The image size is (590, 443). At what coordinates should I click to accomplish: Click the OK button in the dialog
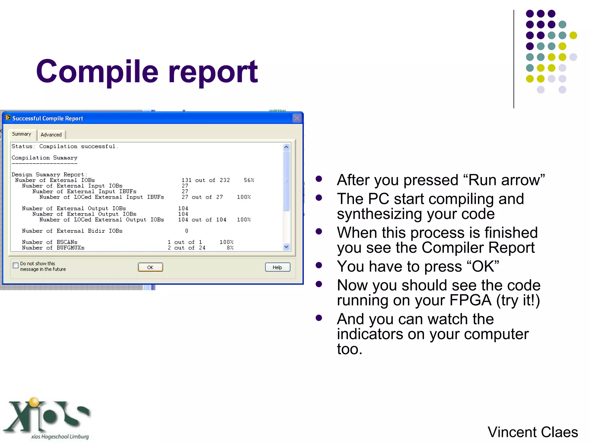click(x=150, y=267)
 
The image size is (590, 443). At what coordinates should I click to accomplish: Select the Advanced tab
click(x=51, y=135)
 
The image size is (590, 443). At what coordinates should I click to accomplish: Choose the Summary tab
click(x=22, y=134)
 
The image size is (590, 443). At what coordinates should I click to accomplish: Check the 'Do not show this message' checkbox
click(x=16, y=266)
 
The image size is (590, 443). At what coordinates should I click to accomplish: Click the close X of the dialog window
click(x=297, y=118)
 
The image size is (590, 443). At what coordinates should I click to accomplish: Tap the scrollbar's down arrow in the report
click(x=286, y=247)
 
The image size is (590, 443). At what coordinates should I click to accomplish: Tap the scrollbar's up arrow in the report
click(x=286, y=147)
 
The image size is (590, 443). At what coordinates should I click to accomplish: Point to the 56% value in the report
click(x=249, y=180)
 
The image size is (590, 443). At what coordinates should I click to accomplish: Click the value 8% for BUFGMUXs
click(x=230, y=248)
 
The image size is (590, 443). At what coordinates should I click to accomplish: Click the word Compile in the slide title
click(x=97, y=72)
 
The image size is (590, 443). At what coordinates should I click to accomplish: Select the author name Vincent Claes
click(x=532, y=432)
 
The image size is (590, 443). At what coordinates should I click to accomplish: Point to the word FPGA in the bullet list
click(x=470, y=300)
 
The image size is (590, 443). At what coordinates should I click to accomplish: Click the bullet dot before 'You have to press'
click(x=319, y=265)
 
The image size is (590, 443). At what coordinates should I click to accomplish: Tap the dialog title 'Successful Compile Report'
click(x=48, y=118)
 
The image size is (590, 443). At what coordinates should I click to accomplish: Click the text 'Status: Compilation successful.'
click(x=65, y=147)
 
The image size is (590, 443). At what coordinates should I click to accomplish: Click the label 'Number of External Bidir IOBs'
click(x=72, y=231)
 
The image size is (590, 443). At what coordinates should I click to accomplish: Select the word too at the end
click(x=349, y=349)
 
